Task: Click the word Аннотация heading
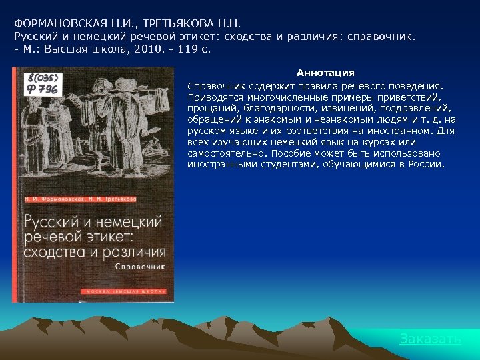click(x=325, y=73)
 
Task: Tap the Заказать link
click(x=430, y=339)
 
